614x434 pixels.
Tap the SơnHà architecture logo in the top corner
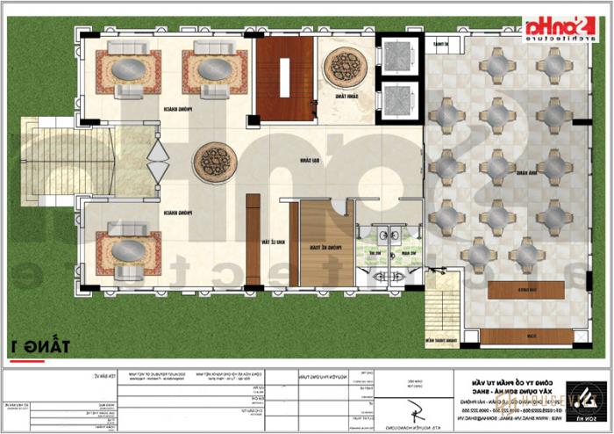coord(558,30)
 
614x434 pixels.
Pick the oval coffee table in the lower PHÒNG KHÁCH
coord(128,250)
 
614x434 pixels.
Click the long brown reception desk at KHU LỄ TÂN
coord(253,239)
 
